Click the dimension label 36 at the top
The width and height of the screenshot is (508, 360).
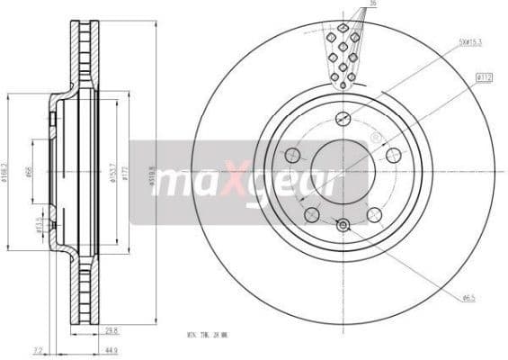click(x=372, y=4)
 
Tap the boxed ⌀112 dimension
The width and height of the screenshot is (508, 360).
click(x=484, y=79)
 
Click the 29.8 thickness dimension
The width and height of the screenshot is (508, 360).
click(x=112, y=330)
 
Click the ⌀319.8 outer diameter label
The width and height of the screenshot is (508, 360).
click(x=152, y=171)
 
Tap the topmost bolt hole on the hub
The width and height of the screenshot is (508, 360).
click(x=343, y=119)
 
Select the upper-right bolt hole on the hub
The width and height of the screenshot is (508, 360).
click(x=393, y=156)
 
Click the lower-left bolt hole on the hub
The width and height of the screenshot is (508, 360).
click(x=311, y=214)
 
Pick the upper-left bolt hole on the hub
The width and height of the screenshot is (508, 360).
click(x=292, y=156)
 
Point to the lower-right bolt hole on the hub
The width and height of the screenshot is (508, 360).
click(x=374, y=214)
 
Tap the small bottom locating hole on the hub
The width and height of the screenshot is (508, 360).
click(x=343, y=224)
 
